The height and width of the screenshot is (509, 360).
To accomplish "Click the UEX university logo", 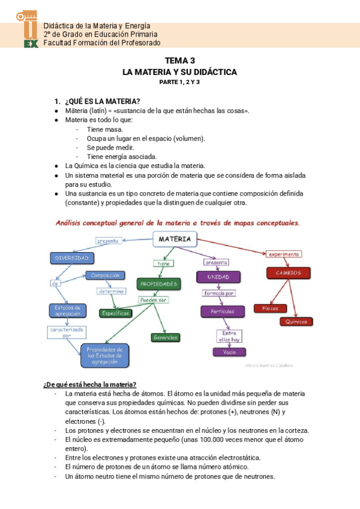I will point(27,29).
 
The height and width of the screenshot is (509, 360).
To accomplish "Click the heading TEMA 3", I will point(180,61).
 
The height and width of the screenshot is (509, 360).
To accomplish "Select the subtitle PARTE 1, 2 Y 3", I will point(179,82).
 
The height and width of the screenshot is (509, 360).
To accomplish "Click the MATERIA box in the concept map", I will point(175,239).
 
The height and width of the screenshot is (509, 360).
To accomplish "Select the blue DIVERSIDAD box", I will point(72,258).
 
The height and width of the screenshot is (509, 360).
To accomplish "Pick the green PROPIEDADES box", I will point(158,283).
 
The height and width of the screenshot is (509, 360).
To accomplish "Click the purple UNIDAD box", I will point(218,277).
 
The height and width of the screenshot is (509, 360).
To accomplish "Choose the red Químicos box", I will point(296,321).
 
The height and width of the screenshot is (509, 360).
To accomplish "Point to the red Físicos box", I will point(266,308).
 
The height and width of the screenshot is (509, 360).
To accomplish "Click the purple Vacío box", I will point(229,352).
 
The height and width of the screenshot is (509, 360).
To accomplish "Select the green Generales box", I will point(166,337).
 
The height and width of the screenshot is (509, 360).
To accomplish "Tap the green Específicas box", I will point(116,313).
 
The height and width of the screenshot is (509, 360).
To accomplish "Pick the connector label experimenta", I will point(284,254).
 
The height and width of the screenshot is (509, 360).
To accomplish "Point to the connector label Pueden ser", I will point(154,299).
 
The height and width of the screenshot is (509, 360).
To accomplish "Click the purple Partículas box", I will point(222,311).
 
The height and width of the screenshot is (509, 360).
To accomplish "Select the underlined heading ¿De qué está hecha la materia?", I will point(90,384).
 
